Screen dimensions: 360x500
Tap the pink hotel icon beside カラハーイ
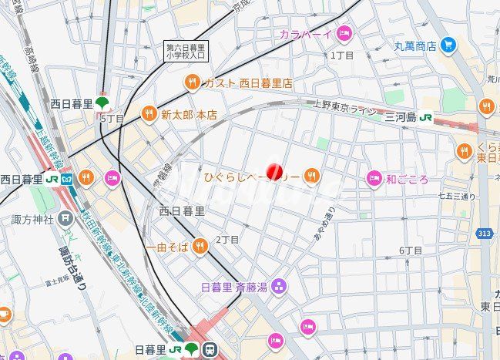tap(344, 33)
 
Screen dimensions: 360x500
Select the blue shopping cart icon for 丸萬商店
tap(448, 45)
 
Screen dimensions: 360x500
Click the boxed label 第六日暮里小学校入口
tap(186, 51)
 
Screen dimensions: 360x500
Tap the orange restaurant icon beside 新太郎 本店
tap(149, 114)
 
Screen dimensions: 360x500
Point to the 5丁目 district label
tap(112, 119)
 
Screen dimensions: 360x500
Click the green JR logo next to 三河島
tap(426, 117)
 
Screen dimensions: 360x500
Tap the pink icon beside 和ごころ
tap(374, 179)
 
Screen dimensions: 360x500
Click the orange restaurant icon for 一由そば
tap(200, 246)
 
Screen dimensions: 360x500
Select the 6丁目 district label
tap(411, 251)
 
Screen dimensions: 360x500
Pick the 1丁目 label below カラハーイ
tap(341, 56)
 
